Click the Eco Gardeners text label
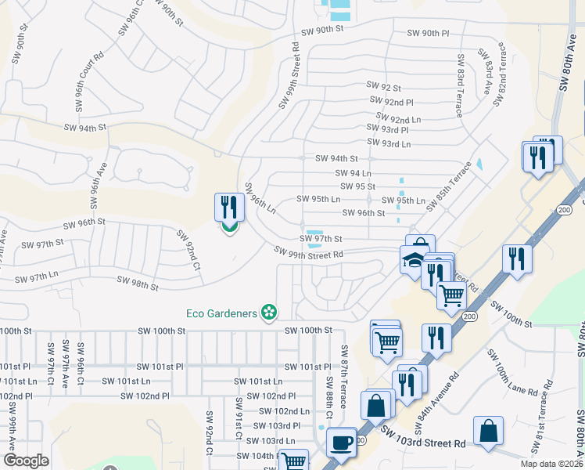[x=221, y=313]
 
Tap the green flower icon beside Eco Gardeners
[x=269, y=313]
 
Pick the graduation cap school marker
[x=412, y=260]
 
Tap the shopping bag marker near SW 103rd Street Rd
[x=488, y=432]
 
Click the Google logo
[x=26, y=461]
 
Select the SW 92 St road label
[x=383, y=88]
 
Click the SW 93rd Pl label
[x=388, y=130]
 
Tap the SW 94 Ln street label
[x=353, y=173]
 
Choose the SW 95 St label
[x=358, y=186]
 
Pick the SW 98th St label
[x=137, y=283]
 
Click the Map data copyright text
[x=551, y=464]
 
